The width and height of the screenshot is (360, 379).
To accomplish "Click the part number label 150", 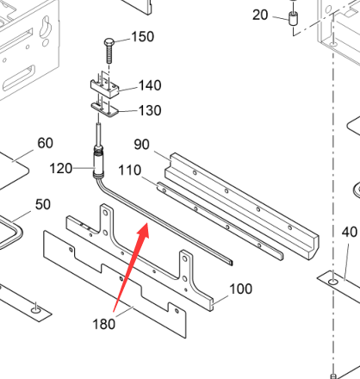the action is [x=143, y=37].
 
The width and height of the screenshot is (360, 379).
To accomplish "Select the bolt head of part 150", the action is [x=109, y=42].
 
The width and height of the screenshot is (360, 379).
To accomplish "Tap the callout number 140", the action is [x=150, y=85].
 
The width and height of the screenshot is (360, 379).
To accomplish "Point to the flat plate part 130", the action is [x=104, y=110].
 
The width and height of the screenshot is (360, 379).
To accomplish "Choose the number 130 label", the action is [x=150, y=110].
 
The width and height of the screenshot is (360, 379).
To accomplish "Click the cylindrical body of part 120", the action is [x=98, y=163].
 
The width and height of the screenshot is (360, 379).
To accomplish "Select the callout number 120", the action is [x=61, y=169].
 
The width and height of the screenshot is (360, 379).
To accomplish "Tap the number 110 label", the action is [x=130, y=171].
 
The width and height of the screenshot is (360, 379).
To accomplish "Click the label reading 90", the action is [x=142, y=145].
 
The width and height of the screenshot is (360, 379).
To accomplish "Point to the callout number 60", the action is [x=46, y=143].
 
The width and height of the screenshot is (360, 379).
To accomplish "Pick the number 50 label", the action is [x=43, y=204].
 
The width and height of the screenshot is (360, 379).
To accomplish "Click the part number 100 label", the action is [x=241, y=289].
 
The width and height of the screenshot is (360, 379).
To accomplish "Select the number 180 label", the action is [x=104, y=324].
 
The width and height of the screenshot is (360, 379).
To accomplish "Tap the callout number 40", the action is [x=350, y=232].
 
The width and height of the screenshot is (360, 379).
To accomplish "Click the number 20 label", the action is [x=260, y=15].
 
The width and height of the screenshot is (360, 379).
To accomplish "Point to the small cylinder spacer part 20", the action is [x=293, y=19].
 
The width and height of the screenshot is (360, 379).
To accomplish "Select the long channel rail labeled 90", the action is [x=241, y=206].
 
